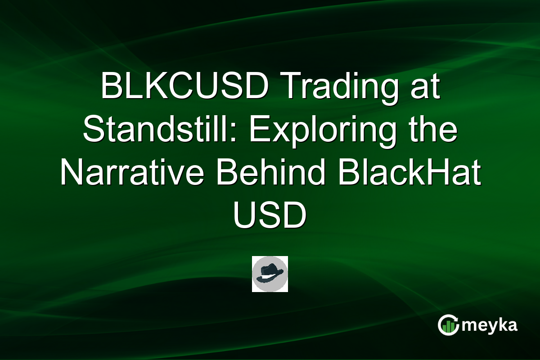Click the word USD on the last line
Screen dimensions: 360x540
pyautogui.click(x=270, y=218)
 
